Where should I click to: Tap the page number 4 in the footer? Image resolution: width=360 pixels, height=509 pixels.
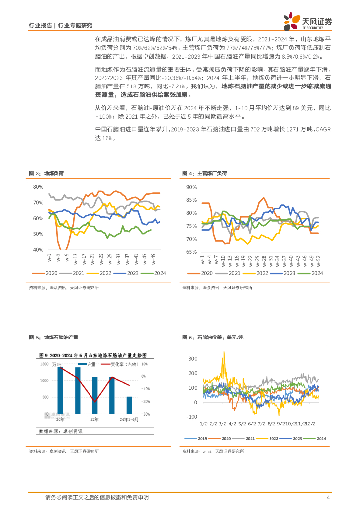[x=328, y=497]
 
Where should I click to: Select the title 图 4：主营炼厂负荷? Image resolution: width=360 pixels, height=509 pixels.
[x=204, y=173]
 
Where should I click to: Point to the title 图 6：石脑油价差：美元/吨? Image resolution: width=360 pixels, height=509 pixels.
[x=211, y=337]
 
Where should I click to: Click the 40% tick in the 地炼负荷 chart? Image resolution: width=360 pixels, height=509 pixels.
[x=38, y=250]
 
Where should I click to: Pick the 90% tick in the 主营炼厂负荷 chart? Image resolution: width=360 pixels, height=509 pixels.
[x=192, y=187]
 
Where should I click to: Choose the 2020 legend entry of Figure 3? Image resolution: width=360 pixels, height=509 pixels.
[x=48, y=273]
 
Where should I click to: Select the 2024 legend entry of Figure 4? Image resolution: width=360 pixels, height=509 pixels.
[x=313, y=273]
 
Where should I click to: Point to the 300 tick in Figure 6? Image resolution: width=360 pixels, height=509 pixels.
[x=193, y=359]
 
